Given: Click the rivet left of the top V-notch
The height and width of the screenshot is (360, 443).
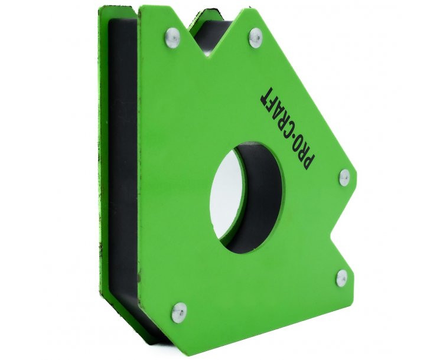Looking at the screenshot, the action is tap(172, 38).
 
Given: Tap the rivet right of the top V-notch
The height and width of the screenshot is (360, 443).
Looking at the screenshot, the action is tap(256, 38).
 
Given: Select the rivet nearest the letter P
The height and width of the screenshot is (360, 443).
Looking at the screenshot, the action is tap(344, 178).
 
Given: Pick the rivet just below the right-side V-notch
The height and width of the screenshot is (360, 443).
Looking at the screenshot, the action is tap(341, 278).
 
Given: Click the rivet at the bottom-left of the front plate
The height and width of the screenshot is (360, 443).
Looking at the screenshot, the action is tap(179, 313).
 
